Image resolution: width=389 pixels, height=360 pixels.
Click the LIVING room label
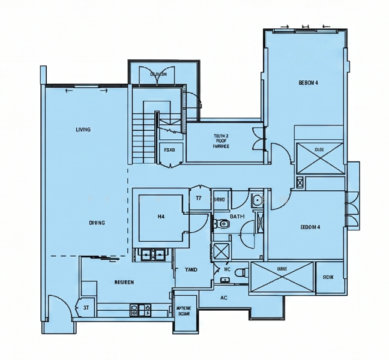(x=83, y=130)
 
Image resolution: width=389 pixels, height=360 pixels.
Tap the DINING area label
(x=97, y=223)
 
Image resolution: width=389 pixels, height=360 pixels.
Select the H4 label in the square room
(x=161, y=216)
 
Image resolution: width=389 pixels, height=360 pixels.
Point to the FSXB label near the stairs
(x=169, y=150)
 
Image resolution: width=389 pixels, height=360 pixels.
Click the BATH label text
(x=237, y=216)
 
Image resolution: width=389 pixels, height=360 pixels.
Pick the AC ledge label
(x=223, y=298)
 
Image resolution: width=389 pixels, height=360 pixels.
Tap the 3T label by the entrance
(x=86, y=308)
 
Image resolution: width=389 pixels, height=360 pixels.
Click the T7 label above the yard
(x=198, y=198)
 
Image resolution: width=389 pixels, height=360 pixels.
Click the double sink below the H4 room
(x=152, y=254)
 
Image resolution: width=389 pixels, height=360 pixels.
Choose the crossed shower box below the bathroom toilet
(x=221, y=251)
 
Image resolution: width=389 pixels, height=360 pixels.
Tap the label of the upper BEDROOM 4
(x=308, y=83)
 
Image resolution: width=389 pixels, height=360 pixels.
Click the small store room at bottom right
(x=328, y=277)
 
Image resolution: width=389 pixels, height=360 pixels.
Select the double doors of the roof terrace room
(x=258, y=139)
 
